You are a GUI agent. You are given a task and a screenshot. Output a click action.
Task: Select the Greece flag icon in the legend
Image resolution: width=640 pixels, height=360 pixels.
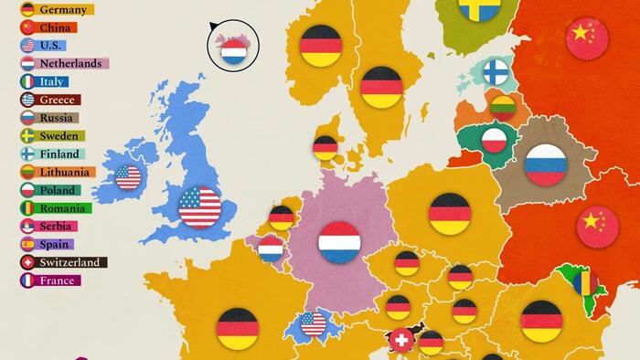tap(27, 100)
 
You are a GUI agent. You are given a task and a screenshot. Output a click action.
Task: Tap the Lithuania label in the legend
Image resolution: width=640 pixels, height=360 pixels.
tap(65, 172)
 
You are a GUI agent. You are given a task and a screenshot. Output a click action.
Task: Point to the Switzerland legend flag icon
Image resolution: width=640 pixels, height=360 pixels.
tap(27, 262)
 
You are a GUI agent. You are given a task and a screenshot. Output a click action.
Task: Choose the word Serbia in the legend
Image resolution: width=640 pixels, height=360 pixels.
tap(59, 226)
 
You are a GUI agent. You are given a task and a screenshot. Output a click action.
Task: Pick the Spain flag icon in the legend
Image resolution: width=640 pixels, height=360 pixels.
tap(27, 244)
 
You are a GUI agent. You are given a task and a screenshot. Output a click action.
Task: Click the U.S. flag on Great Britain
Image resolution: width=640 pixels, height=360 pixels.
tap(200, 206)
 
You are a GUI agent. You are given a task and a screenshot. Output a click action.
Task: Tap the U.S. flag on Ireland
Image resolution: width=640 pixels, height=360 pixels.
tap(128, 177)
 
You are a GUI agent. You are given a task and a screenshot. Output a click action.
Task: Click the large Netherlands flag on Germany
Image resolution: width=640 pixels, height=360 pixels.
tap(339, 242)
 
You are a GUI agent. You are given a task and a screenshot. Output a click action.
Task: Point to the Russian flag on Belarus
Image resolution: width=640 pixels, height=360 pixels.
tap(545, 165)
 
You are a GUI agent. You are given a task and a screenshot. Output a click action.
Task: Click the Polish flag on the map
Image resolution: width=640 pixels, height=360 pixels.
tap(495, 140)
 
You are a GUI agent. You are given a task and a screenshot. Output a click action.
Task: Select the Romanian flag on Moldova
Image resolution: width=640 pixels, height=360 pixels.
tap(585, 282)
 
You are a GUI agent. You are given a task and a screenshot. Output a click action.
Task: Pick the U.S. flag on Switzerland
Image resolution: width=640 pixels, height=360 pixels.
tap(314, 323)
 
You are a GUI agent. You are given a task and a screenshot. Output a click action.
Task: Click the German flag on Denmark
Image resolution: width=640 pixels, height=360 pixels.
tap(325, 147)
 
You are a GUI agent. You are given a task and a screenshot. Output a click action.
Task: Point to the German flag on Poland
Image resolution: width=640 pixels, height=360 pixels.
tap(450, 213)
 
